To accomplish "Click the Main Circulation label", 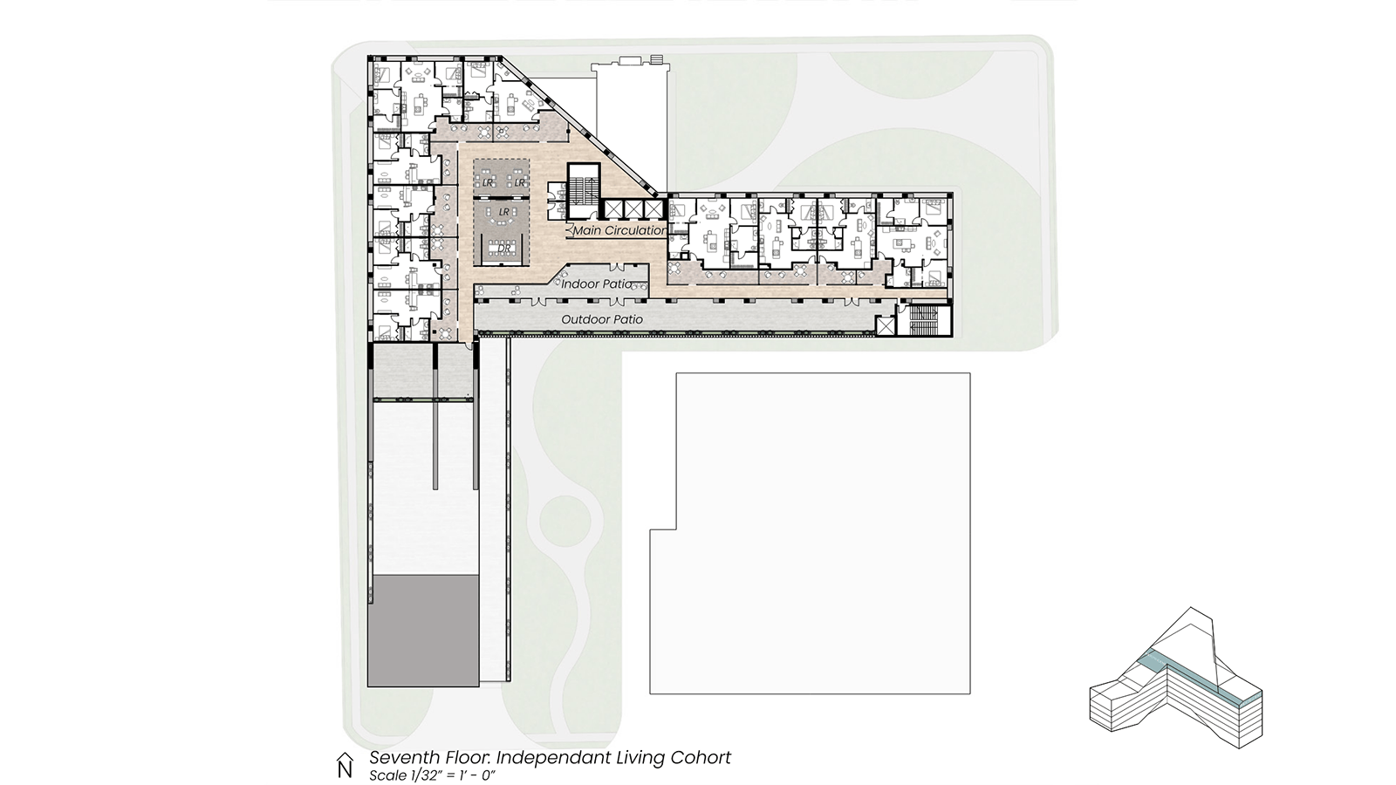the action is [619, 230].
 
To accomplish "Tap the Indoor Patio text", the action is [597, 284].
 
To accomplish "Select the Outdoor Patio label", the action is [602, 319].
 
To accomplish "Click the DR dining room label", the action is [503, 249].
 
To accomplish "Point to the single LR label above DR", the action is [504, 213].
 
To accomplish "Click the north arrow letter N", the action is [345, 769].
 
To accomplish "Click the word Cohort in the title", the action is [701, 758].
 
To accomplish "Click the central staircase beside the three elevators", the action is [584, 191].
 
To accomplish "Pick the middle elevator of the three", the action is [633, 208].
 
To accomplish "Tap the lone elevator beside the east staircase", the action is [885, 326].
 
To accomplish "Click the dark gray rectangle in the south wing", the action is [423, 631].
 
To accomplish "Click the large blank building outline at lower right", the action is [811, 533].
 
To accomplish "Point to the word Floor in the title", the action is [468, 758].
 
